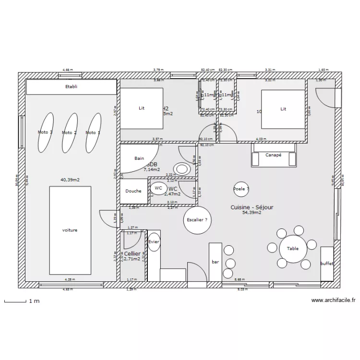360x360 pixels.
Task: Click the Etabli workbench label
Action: pos(71,87)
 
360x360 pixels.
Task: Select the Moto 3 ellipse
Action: pos(46,132)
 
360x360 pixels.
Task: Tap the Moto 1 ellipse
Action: pos(93,132)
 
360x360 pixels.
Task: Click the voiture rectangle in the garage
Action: pos(70,230)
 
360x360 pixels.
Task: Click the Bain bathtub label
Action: pos(139,158)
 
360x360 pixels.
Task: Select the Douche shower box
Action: pos(133,191)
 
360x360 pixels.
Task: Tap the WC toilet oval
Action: pos(158,188)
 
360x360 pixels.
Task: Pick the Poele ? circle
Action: pos(241,189)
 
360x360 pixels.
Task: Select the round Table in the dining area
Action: pos(293,248)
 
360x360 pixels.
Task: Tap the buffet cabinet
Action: pos(327,264)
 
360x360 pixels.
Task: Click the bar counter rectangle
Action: pos(215,262)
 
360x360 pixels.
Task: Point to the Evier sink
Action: pos(154,242)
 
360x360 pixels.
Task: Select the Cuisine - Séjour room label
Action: pos(252,207)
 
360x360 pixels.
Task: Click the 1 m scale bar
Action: pos(14,301)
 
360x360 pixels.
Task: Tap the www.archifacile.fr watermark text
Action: pos(333,301)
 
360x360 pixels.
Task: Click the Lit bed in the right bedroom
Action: pos(283,109)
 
